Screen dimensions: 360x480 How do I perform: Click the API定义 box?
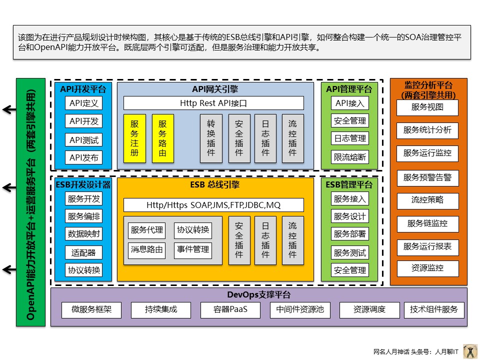(84, 103)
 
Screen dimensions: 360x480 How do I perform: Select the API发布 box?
(84, 158)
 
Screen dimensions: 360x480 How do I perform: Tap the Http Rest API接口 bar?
(213, 103)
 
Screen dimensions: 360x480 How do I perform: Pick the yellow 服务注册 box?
(134, 138)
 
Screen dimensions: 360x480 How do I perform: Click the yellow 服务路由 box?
(162, 138)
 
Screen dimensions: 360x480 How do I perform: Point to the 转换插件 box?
(211, 138)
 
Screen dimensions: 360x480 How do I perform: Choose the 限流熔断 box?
(350, 157)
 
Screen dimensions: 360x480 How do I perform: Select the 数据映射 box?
(84, 233)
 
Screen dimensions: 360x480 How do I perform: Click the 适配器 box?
(84, 252)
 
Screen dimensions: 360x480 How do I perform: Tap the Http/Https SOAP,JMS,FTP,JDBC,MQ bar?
(213, 205)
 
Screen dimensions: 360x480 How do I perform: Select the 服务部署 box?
(350, 234)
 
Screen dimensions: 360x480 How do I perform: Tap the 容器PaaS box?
(230, 310)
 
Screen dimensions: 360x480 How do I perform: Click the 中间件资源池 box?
(300, 310)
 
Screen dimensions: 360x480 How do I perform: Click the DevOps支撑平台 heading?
(259, 295)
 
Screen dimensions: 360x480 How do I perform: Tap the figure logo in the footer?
(470, 351)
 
